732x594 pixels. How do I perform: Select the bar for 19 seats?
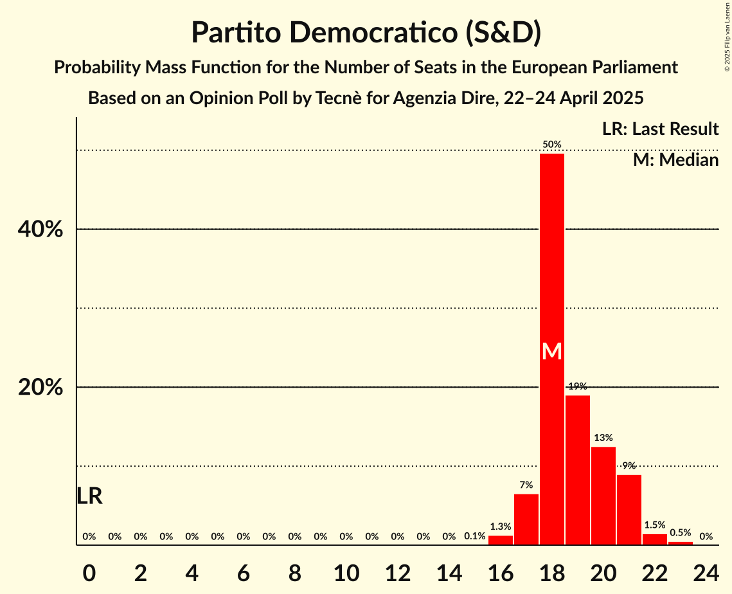tap(577, 470)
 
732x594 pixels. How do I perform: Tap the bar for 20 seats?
tap(603, 496)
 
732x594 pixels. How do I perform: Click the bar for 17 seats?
tap(526, 519)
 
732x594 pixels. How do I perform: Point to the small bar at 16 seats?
tap(500, 540)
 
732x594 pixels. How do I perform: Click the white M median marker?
tap(551, 351)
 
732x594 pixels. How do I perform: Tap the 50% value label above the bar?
tap(551, 145)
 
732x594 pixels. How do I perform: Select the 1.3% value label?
tap(500, 526)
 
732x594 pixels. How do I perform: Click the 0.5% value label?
tap(680, 533)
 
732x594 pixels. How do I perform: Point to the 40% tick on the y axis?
tap(40, 229)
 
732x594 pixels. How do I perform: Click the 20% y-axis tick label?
tap(40, 387)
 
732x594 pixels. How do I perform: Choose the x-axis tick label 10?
tap(346, 570)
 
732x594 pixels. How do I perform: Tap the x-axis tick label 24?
tap(706, 570)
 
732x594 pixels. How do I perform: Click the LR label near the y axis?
tap(89, 496)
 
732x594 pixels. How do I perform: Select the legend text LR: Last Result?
tap(660, 129)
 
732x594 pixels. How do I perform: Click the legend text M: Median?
tap(675, 160)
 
